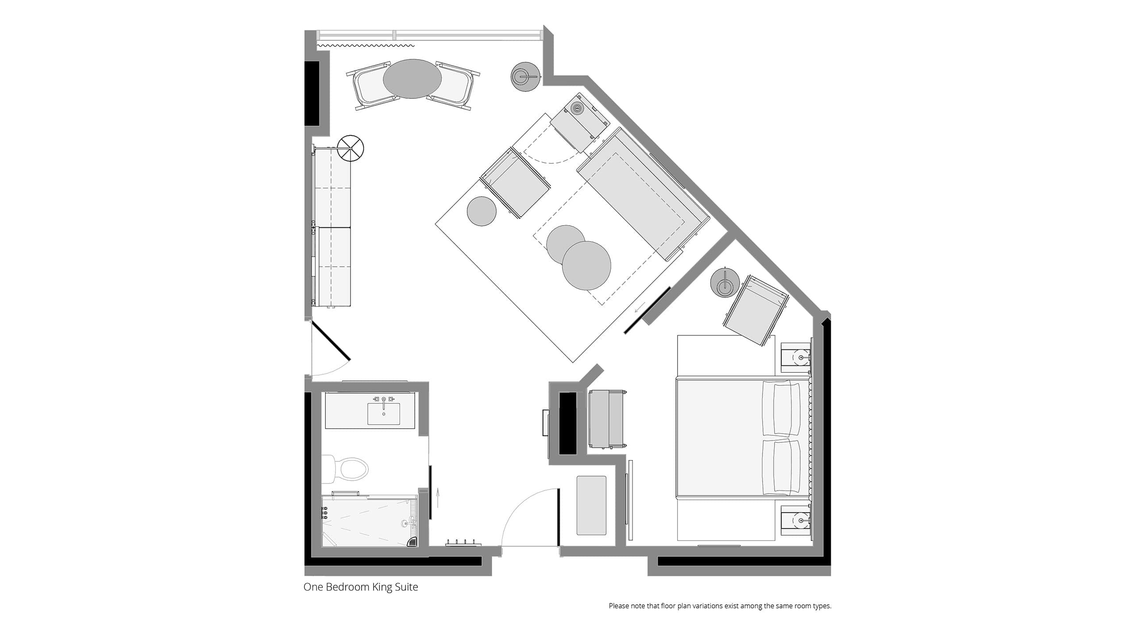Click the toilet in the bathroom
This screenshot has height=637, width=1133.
point(345,469)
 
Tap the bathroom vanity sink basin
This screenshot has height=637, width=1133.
point(383,414)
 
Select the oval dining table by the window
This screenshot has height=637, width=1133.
point(412,79)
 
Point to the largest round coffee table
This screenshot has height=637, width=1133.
point(586,265)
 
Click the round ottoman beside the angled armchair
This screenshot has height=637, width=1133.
point(482,211)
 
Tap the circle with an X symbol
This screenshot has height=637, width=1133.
point(350,149)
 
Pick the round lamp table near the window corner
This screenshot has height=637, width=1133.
point(526,77)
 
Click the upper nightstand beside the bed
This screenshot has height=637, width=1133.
point(796,357)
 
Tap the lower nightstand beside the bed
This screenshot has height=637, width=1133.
point(796,521)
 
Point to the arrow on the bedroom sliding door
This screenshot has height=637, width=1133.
point(640,307)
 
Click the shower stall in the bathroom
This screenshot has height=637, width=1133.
point(370,521)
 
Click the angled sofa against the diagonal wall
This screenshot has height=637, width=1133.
point(642,195)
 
